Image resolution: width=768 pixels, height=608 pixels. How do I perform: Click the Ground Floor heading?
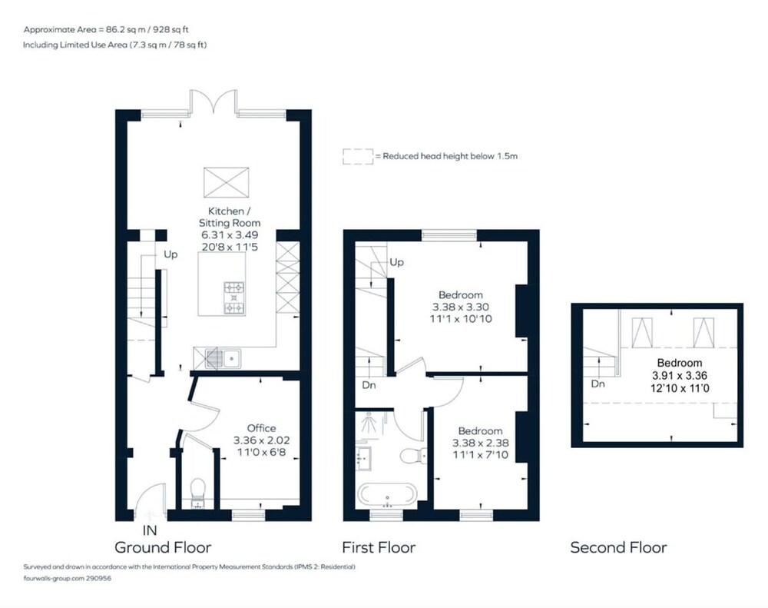click(163, 547)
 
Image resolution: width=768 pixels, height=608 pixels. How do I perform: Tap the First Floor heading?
click(379, 547)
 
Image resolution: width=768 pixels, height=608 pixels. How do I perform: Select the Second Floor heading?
click(618, 547)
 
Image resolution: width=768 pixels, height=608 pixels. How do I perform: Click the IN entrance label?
click(150, 530)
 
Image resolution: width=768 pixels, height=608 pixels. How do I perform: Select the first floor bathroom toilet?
click(413, 456)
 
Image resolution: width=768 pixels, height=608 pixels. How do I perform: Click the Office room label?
click(261, 428)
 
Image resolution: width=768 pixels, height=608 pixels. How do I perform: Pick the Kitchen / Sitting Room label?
click(229, 217)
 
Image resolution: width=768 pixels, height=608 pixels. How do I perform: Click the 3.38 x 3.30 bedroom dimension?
click(460, 307)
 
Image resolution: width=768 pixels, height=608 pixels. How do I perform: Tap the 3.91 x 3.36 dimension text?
click(680, 376)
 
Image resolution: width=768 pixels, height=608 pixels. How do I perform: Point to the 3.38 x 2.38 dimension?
click(480, 443)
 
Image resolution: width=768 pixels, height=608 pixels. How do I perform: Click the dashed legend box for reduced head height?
click(358, 156)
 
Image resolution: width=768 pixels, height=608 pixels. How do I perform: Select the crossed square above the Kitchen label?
click(227, 182)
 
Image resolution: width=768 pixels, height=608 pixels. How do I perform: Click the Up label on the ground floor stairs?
click(170, 254)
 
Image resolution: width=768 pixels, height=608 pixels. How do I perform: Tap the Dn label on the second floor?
click(598, 384)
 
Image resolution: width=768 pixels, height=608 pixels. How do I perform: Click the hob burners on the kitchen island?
click(233, 297)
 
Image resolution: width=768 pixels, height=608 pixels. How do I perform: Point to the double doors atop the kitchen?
click(214, 102)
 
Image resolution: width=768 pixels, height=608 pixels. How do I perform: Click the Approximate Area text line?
click(106, 29)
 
